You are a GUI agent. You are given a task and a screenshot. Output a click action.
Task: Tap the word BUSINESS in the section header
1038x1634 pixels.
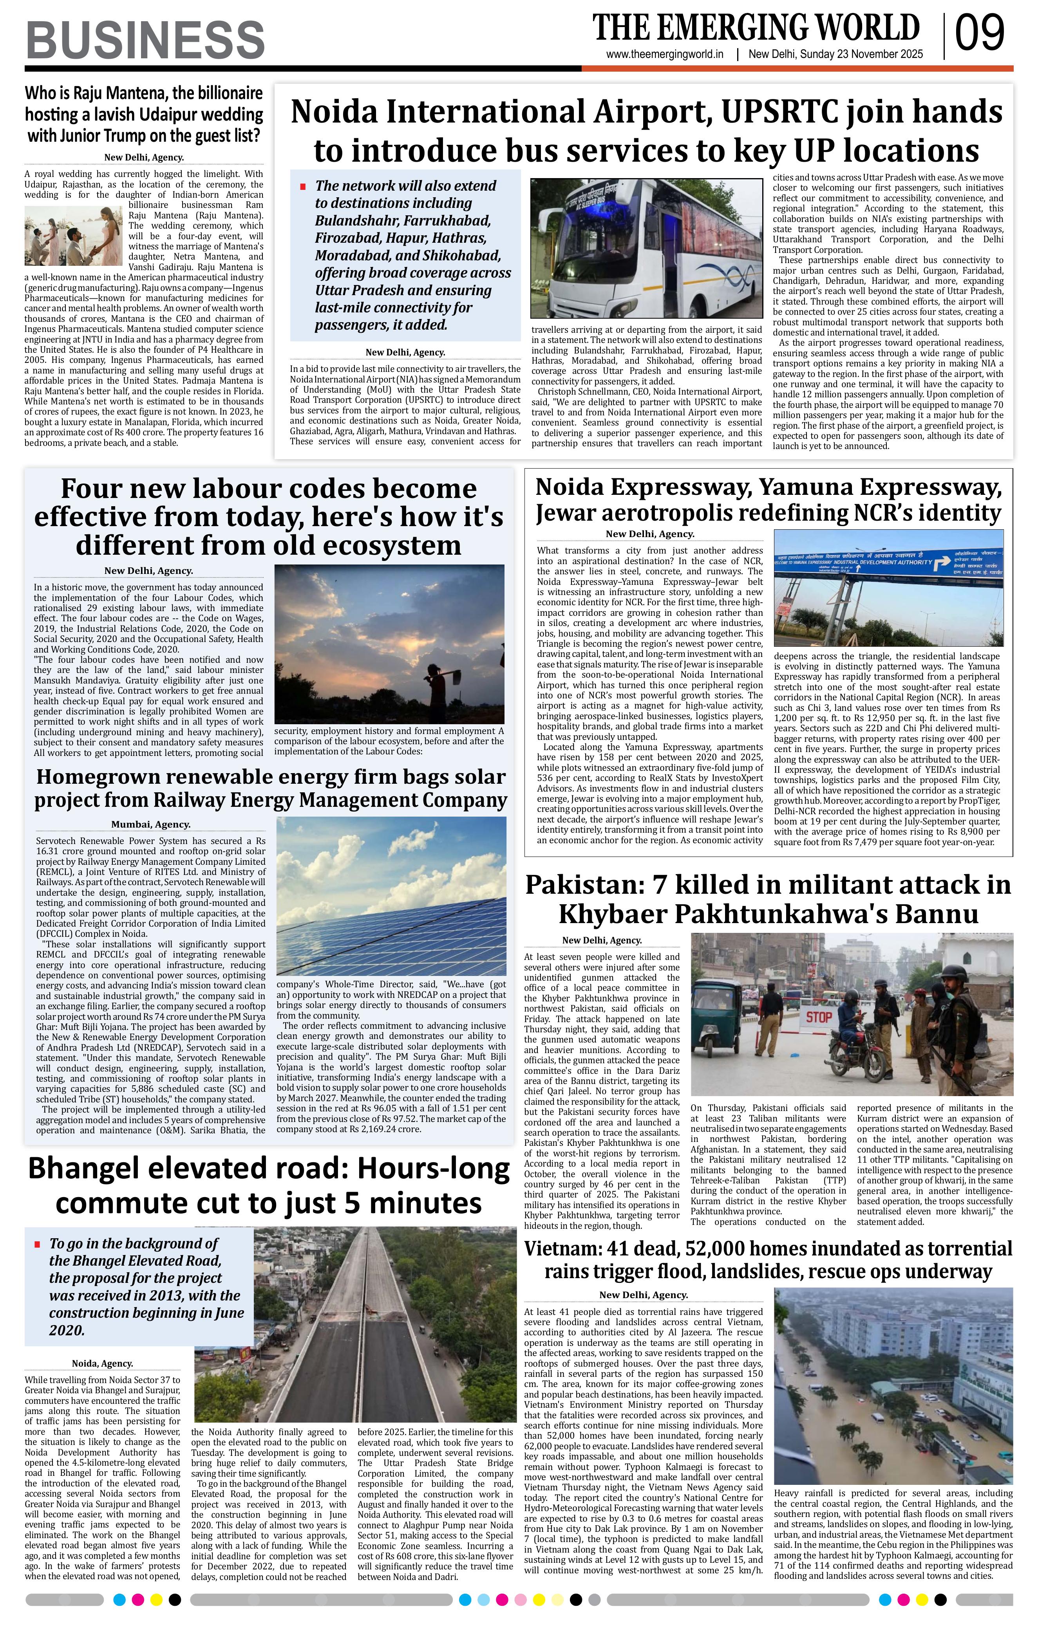[x=145, y=40]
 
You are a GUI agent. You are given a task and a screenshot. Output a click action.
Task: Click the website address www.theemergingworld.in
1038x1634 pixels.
[x=665, y=55]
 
